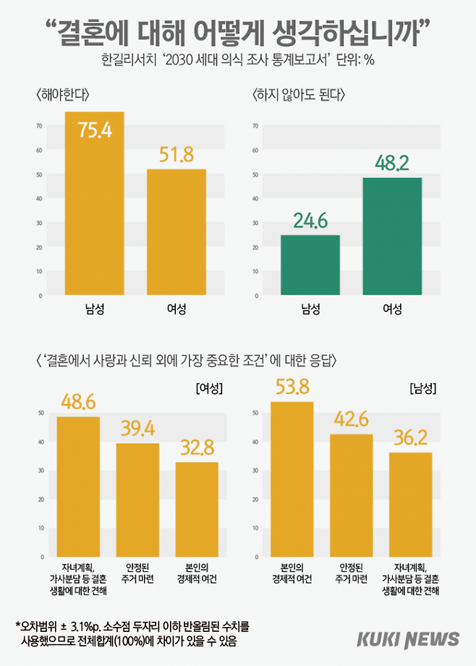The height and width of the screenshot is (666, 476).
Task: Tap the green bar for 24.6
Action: pyautogui.click(x=310, y=266)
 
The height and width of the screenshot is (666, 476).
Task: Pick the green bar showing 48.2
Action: pyautogui.click(x=391, y=237)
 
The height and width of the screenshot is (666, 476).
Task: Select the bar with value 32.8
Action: pyautogui.click(x=197, y=507)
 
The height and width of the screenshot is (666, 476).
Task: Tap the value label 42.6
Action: pyautogui.click(x=351, y=419)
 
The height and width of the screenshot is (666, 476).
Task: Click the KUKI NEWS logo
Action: pyautogui.click(x=408, y=639)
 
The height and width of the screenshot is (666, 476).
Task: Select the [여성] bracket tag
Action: pyautogui.click(x=208, y=388)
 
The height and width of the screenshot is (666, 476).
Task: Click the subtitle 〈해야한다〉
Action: pyautogui.click(x=61, y=95)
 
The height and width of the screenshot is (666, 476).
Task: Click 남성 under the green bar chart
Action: pyautogui.click(x=310, y=309)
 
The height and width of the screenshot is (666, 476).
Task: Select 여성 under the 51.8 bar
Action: pyautogui.click(x=177, y=309)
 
